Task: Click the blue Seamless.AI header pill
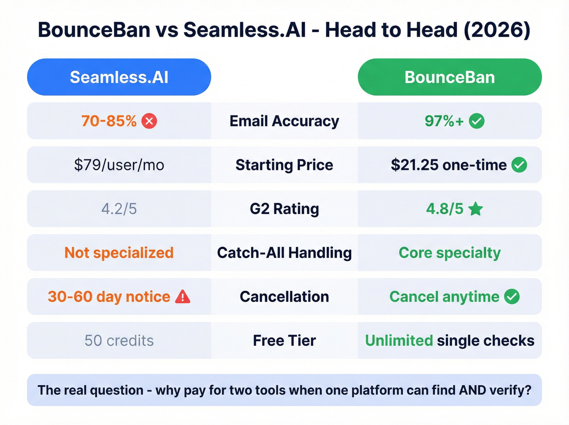pos(119,77)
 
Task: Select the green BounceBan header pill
pos(450,77)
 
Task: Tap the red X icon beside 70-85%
pos(149,121)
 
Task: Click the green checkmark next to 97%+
pos(476,121)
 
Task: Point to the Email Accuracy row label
pos(284,121)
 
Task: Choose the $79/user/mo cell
pos(119,165)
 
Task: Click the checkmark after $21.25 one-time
pos(519,165)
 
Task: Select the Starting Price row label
pos(284,165)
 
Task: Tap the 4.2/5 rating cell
pos(119,209)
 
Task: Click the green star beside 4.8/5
pos(475,209)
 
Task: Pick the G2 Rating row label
pos(284,209)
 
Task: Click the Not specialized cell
pos(119,253)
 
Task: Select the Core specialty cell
pos(450,253)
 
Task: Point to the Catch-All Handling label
pos(284,253)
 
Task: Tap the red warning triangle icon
pos(182,296)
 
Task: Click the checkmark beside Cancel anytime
pos(512,297)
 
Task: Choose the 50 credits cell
pos(119,341)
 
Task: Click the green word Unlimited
pos(399,341)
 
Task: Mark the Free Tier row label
pos(284,341)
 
